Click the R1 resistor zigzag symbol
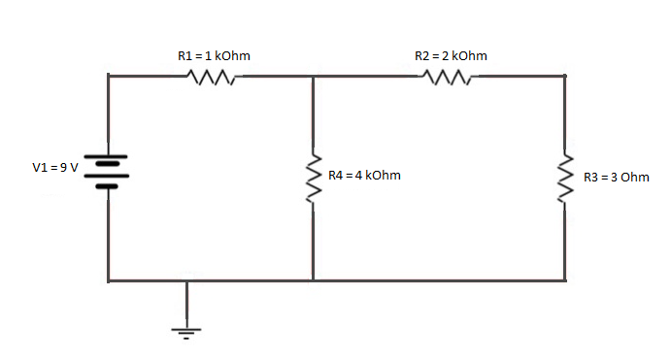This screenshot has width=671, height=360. (213, 77)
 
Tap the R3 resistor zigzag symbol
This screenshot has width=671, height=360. (565, 177)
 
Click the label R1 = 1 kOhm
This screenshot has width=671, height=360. (214, 56)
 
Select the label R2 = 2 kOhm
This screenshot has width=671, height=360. (451, 56)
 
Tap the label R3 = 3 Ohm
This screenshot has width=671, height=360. (616, 178)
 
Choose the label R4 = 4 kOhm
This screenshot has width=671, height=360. (364, 176)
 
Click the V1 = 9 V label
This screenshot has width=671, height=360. (54, 168)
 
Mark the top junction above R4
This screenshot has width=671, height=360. (314, 75)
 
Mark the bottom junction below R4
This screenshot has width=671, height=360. (314, 280)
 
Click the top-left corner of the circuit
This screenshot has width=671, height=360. (109, 75)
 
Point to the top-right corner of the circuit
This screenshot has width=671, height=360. (565, 75)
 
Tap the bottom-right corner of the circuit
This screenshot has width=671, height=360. (565, 280)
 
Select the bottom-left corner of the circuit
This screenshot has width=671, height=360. (109, 280)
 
